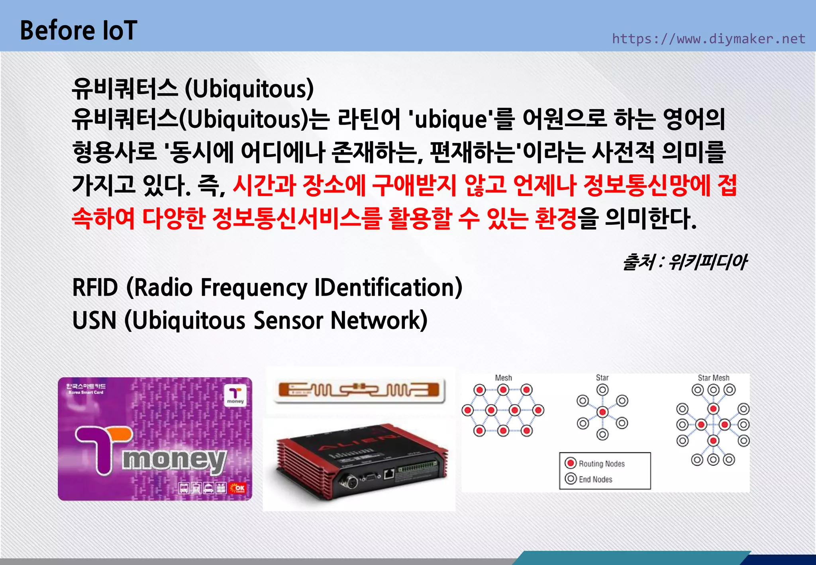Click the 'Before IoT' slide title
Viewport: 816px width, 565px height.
pyautogui.click(x=78, y=31)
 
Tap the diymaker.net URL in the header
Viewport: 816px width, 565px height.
pyautogui.click(x=708, y=39)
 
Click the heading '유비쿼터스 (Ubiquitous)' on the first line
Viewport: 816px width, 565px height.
pyautogui.click(x=193, y=88)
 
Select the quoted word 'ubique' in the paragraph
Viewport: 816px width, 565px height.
pyautogui.click(x=451, y=120)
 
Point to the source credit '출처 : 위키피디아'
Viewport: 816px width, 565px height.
pyautogui.click(x=685, y=262)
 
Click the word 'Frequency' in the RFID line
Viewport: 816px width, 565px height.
pyautogui.click(x=254, y=288)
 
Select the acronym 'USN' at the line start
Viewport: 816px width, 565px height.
pyautogui.click(x=94, y=321)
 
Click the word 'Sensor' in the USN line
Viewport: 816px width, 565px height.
pyautogui.click(x=288, y=321)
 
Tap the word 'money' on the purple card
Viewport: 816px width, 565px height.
pyautogui.click(x=174, y=460)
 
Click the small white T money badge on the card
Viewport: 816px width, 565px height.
pyautogui.click(x=235, y=396)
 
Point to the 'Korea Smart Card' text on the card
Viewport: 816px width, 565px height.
pyautogui.click(x=86, y=392)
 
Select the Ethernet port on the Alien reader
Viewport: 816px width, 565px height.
pyautogui.click(x=388, y=474)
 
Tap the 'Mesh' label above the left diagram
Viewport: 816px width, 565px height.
pyautogui.click(x=503, y=378)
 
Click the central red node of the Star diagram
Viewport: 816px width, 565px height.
pyautogui.click(x=602, y=412)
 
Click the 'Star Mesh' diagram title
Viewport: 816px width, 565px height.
pyautogui.click(x=713, y=378)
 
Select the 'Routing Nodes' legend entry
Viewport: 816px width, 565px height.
pyautogui.click(x=595, y=463)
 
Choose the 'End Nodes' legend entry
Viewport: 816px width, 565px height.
pyautogui.click(x=589, y=479)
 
